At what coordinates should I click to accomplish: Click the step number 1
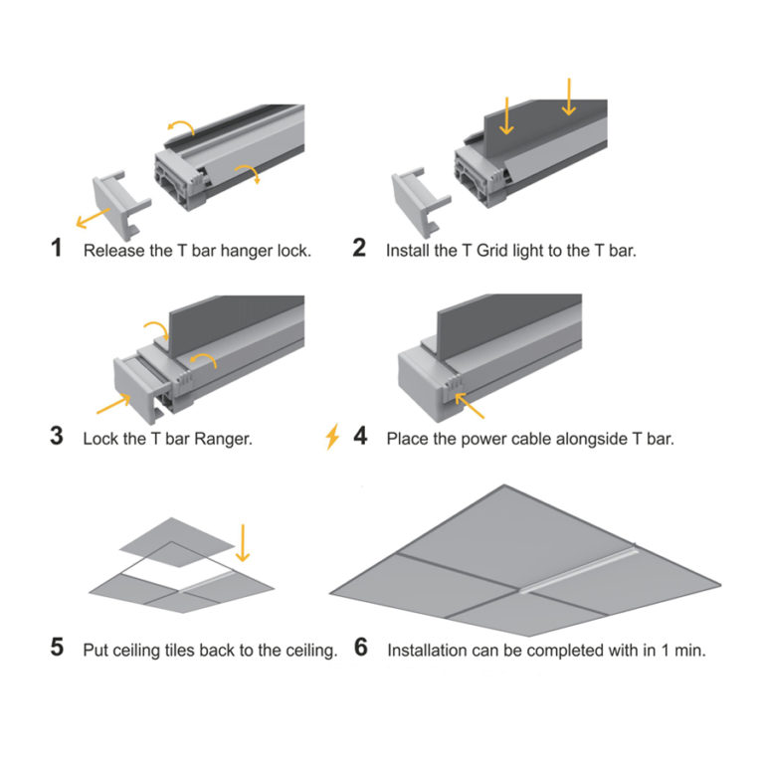tap(58, 249)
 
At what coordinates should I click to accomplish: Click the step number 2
tap(359, 249)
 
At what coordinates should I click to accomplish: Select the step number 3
tap(58, 437)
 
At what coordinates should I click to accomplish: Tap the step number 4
tap(359, 437)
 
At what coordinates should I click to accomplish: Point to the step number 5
tap(58, 650)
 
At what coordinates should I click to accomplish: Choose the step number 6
tap(360, 650)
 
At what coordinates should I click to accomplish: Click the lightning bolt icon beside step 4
tap(332, 436)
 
